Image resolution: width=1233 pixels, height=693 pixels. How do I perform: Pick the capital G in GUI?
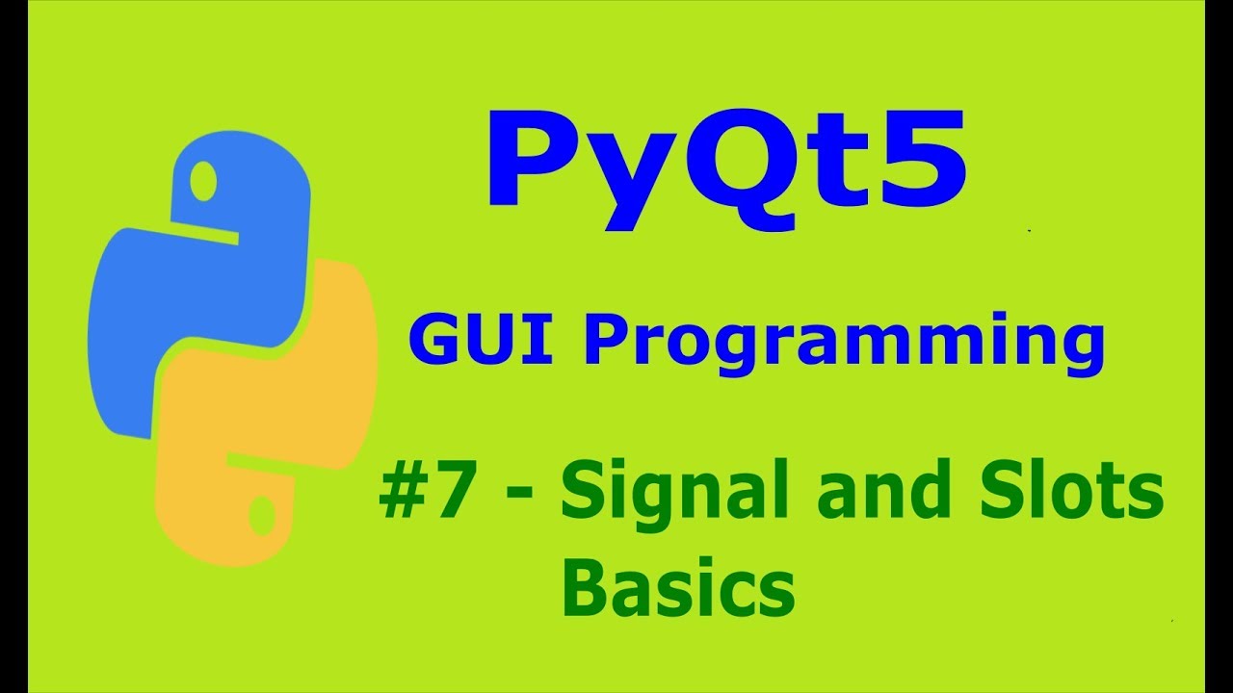coord(434,341)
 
